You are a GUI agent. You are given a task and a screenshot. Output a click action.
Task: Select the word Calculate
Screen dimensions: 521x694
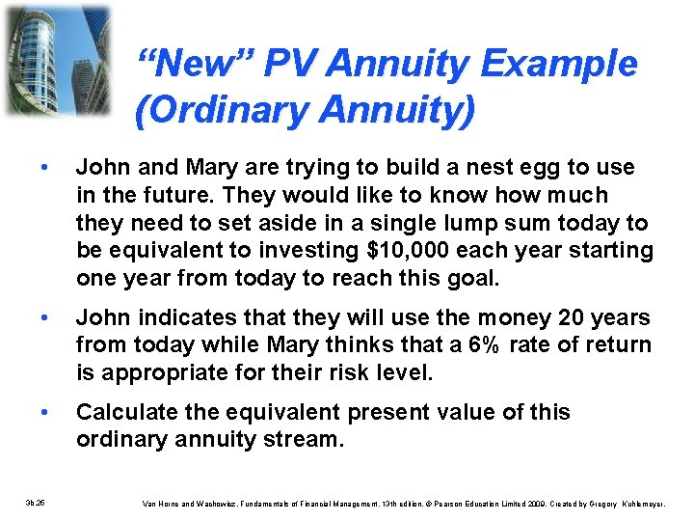click(x=124, y=412)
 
